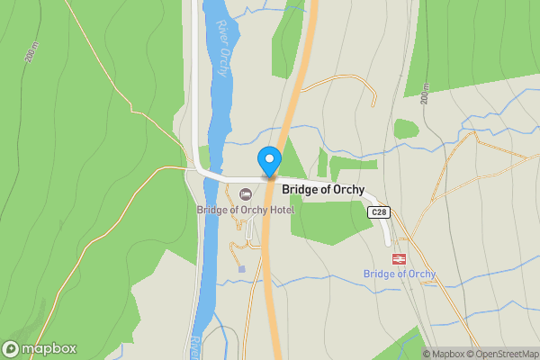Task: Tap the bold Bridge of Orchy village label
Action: click(323, 190)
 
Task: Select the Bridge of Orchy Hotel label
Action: click(245, 210)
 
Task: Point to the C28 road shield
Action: click(379, 212)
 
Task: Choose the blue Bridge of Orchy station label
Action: click(399, 274)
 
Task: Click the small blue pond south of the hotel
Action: click(240, 268)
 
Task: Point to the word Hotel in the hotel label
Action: click(280, 210)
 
